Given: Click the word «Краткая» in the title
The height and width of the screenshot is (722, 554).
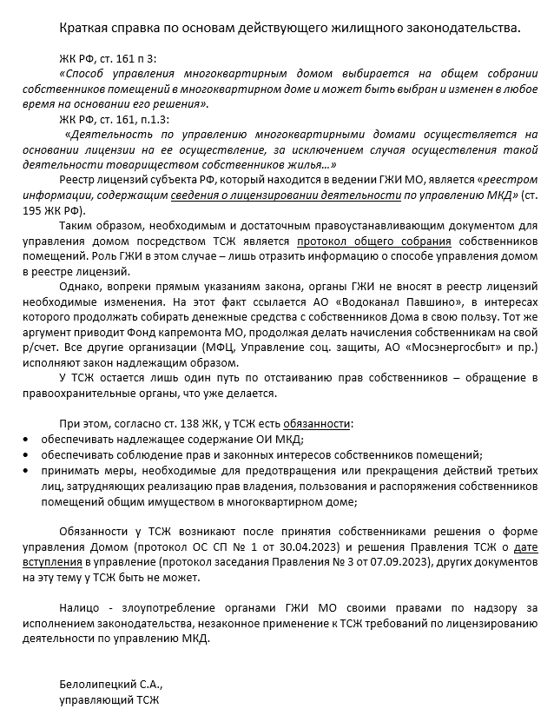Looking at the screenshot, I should (x=85, y=28).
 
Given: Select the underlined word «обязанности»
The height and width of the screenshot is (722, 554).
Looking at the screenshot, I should (x=319, y=424).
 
